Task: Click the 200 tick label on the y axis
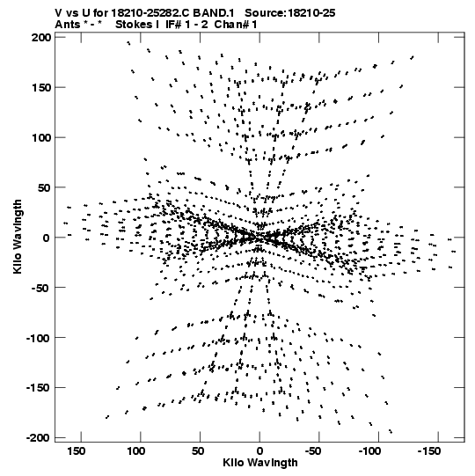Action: [x=41, y=37]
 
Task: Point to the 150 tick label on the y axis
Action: [x=41, y=87]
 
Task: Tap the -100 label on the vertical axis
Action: [x=38, y=338]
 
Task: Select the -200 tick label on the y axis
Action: [x=38, y=438]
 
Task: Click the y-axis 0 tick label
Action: [x=47, y=238]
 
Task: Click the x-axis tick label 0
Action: [x=259, y=450]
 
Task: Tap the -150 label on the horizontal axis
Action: [x=429, y=450]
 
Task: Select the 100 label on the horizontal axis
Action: [x=136, y=450]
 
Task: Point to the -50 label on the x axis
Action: [x=313, y=450]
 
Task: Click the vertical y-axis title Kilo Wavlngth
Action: [x=18, y=237]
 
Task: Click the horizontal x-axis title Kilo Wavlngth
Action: [x=260, y=463]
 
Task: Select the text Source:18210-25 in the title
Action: [x=290, y=13]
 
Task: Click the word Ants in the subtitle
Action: [x=67, y=25]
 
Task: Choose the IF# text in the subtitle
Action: [x=174, y=25]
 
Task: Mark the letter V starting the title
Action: [x=59, y=13]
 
